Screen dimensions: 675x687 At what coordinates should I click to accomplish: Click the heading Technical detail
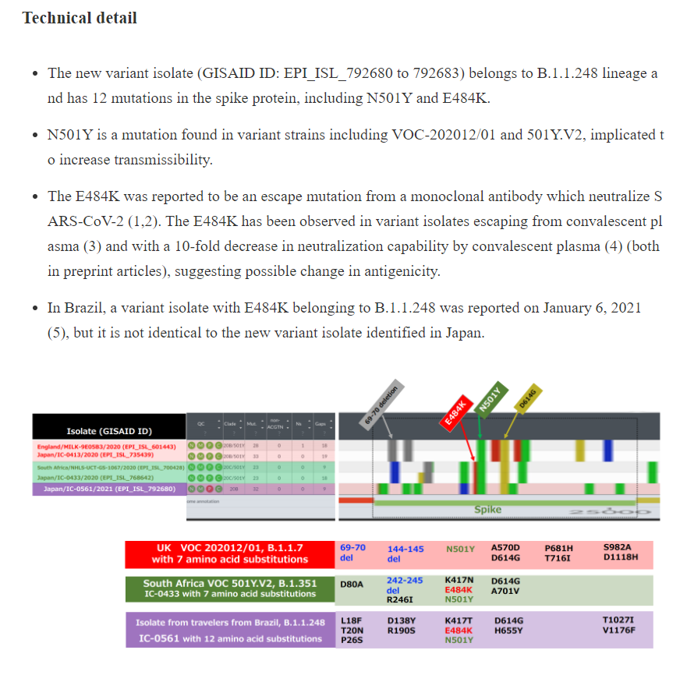click(80, 18)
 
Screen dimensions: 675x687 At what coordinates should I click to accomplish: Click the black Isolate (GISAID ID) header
click(109, 431)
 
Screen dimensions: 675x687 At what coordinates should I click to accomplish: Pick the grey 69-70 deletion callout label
click(381, 405)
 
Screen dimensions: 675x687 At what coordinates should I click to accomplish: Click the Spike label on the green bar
click(488, 510)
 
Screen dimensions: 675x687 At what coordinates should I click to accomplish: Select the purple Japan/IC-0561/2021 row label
click(109, 489)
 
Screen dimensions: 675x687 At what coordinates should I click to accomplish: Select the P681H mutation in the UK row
click(558, 548)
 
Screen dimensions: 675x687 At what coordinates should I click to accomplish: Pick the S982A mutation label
click(617, 548)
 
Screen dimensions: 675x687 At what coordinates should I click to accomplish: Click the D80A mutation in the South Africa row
click(352, 583)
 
